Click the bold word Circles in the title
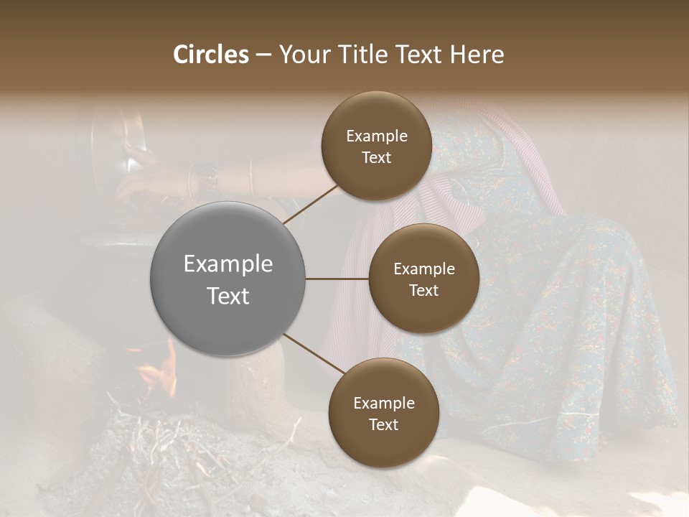click(210, 55)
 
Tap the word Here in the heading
click(477, 55)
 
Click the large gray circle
click(228, 279)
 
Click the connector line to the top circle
click(310, 204)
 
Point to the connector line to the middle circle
click(337, 279)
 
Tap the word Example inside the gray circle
click(228, 264)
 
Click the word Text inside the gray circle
click(228, 296)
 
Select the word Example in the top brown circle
click(376, 136)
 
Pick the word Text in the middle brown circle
click(423, 291)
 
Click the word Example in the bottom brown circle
click(383, 404)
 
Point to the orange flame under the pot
click(164, 370)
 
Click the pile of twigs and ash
click(165, 452)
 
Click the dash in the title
click(263, 55)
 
